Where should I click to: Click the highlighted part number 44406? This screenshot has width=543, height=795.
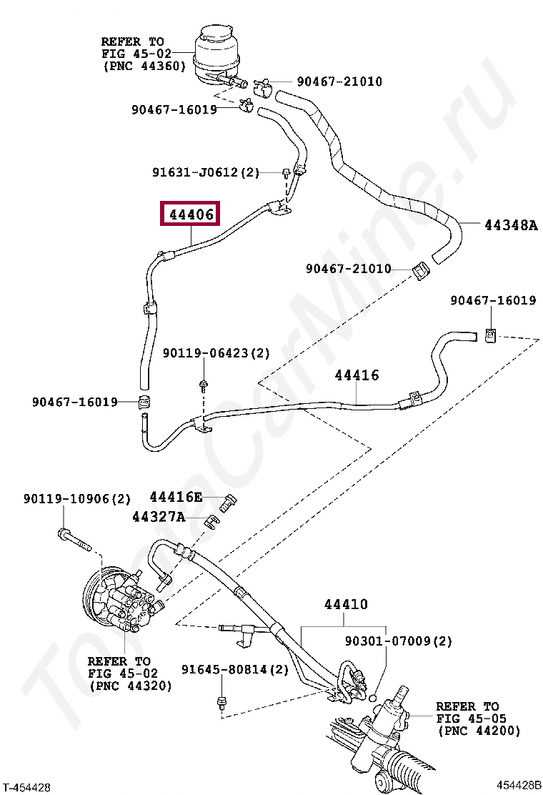[190, 214]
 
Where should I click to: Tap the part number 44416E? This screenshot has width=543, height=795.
[176, 497]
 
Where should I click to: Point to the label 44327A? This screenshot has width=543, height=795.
[158, 516]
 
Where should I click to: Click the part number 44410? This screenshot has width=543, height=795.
[346, 604]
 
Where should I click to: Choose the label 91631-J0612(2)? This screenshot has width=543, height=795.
[206, 172]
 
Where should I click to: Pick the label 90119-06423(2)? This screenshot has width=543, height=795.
[216, 353]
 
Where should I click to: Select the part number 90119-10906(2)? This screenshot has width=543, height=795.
[77, 498]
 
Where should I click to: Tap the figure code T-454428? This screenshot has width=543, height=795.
[26, 787]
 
